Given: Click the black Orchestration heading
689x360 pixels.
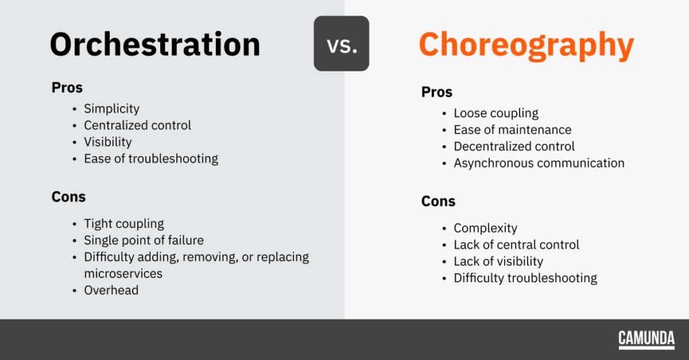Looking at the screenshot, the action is pos(155,44).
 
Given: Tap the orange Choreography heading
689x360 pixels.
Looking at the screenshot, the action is pos(526,46).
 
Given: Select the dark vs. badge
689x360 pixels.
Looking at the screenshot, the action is pos(341,44).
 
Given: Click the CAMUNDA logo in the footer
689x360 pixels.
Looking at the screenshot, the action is pos(647,339).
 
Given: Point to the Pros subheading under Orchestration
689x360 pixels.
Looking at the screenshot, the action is pos(67,87).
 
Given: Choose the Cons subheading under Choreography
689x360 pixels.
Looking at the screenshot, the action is pos(438,201).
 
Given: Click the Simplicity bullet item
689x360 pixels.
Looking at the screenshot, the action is pos(112,108).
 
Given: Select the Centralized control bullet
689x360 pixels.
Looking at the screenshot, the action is pos(137,125).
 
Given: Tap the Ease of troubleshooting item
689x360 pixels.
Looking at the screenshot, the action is pos(151,159).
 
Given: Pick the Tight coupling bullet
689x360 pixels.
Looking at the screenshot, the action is pos(124,223).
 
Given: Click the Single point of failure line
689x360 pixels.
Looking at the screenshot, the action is pos(144,240).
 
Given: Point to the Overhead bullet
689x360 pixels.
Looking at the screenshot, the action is pos(111,290).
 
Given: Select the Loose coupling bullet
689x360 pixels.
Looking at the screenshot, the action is pos(496,114).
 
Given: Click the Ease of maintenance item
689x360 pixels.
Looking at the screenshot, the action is pos(512,130).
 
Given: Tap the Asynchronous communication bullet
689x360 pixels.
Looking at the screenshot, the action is pos(539,163).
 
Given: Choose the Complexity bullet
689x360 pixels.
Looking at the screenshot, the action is pos(486,228).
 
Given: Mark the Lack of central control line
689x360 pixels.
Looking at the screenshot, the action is pos(516,245).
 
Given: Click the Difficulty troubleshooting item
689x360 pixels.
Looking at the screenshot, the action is pos(525,278).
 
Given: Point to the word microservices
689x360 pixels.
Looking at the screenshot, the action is pos(123,273).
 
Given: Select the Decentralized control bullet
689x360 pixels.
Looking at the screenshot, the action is pos(514,147).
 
